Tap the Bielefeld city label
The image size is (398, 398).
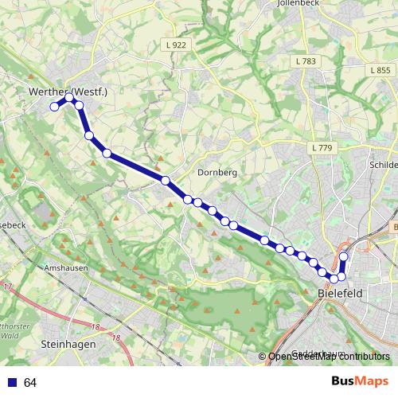pos(340,294)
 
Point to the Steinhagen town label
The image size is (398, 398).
pos(68,344)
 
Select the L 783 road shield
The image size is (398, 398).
pos(304,60)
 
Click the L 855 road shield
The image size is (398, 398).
pos(380,70)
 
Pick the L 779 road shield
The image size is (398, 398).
pos(322,148)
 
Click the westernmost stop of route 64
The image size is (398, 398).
pos(54,106)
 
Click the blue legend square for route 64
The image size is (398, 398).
pos(12,383)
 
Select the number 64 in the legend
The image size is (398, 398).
pos(30,383)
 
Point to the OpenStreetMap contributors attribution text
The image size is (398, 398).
pos(328,357)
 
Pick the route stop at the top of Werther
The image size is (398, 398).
pos(70,98)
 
